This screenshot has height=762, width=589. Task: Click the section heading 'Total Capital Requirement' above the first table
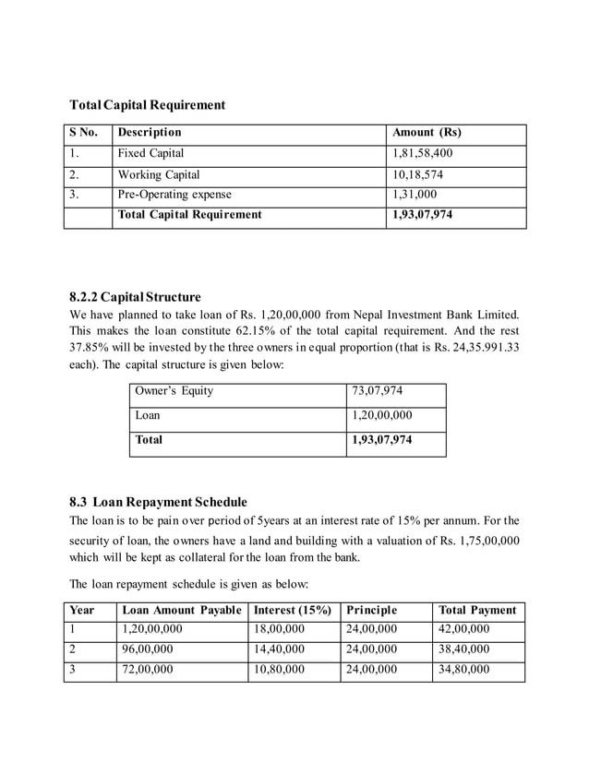148,105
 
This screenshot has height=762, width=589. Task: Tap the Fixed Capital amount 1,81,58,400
423,153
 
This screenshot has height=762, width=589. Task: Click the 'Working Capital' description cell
159,174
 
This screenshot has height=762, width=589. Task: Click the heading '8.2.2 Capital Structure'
135,297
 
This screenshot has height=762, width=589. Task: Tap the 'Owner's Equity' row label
174,391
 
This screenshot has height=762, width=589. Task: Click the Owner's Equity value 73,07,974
378,391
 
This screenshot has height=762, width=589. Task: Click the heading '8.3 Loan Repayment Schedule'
158,502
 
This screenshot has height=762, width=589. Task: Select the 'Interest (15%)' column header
292,611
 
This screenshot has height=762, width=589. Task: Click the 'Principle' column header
372,611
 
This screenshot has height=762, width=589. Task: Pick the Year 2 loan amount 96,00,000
147,649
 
